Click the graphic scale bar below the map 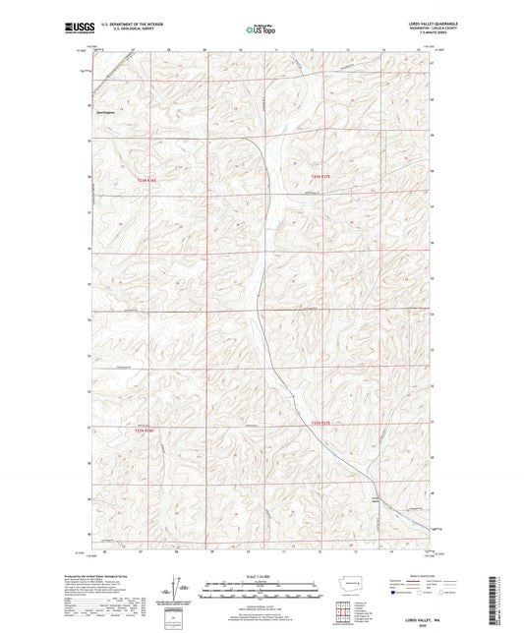pos(262,587)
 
